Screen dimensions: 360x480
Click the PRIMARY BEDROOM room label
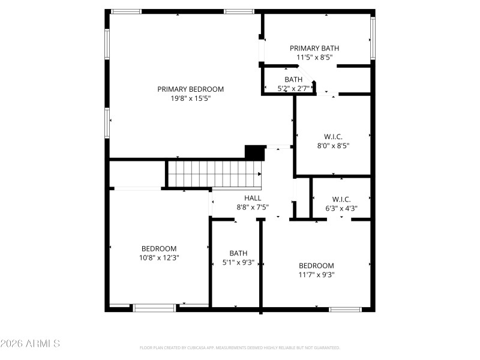coord(190,89)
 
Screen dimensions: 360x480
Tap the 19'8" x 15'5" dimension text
coord(190,98)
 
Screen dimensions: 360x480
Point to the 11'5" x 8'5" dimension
coord(314,58)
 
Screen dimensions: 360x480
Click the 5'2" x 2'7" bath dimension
coord(293,88)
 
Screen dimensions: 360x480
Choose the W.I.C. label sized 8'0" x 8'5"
coord(333,136)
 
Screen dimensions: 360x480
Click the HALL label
coord(253,198)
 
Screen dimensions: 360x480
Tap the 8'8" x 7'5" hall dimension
coord(253,208)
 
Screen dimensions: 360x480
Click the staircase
coord(215,174)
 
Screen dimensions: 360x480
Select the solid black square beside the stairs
coord(254,152)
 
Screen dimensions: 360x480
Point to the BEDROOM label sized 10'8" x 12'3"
coord(159,248)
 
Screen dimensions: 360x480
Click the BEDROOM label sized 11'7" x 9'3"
coord(316,266)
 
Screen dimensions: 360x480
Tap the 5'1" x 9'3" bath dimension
coord(238,262)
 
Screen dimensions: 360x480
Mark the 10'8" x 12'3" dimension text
coord(159,257)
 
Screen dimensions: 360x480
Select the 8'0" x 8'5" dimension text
coord(333,145)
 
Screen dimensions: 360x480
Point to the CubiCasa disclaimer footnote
coord(240,348)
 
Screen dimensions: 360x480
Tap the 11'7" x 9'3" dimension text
coord(316,275)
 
